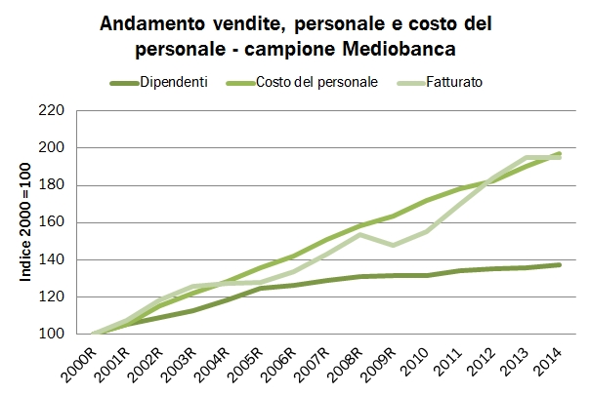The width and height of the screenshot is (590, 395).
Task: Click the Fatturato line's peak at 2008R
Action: (x=360, y=234)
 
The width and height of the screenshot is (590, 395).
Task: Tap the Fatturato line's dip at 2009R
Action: (x=393, y=245)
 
